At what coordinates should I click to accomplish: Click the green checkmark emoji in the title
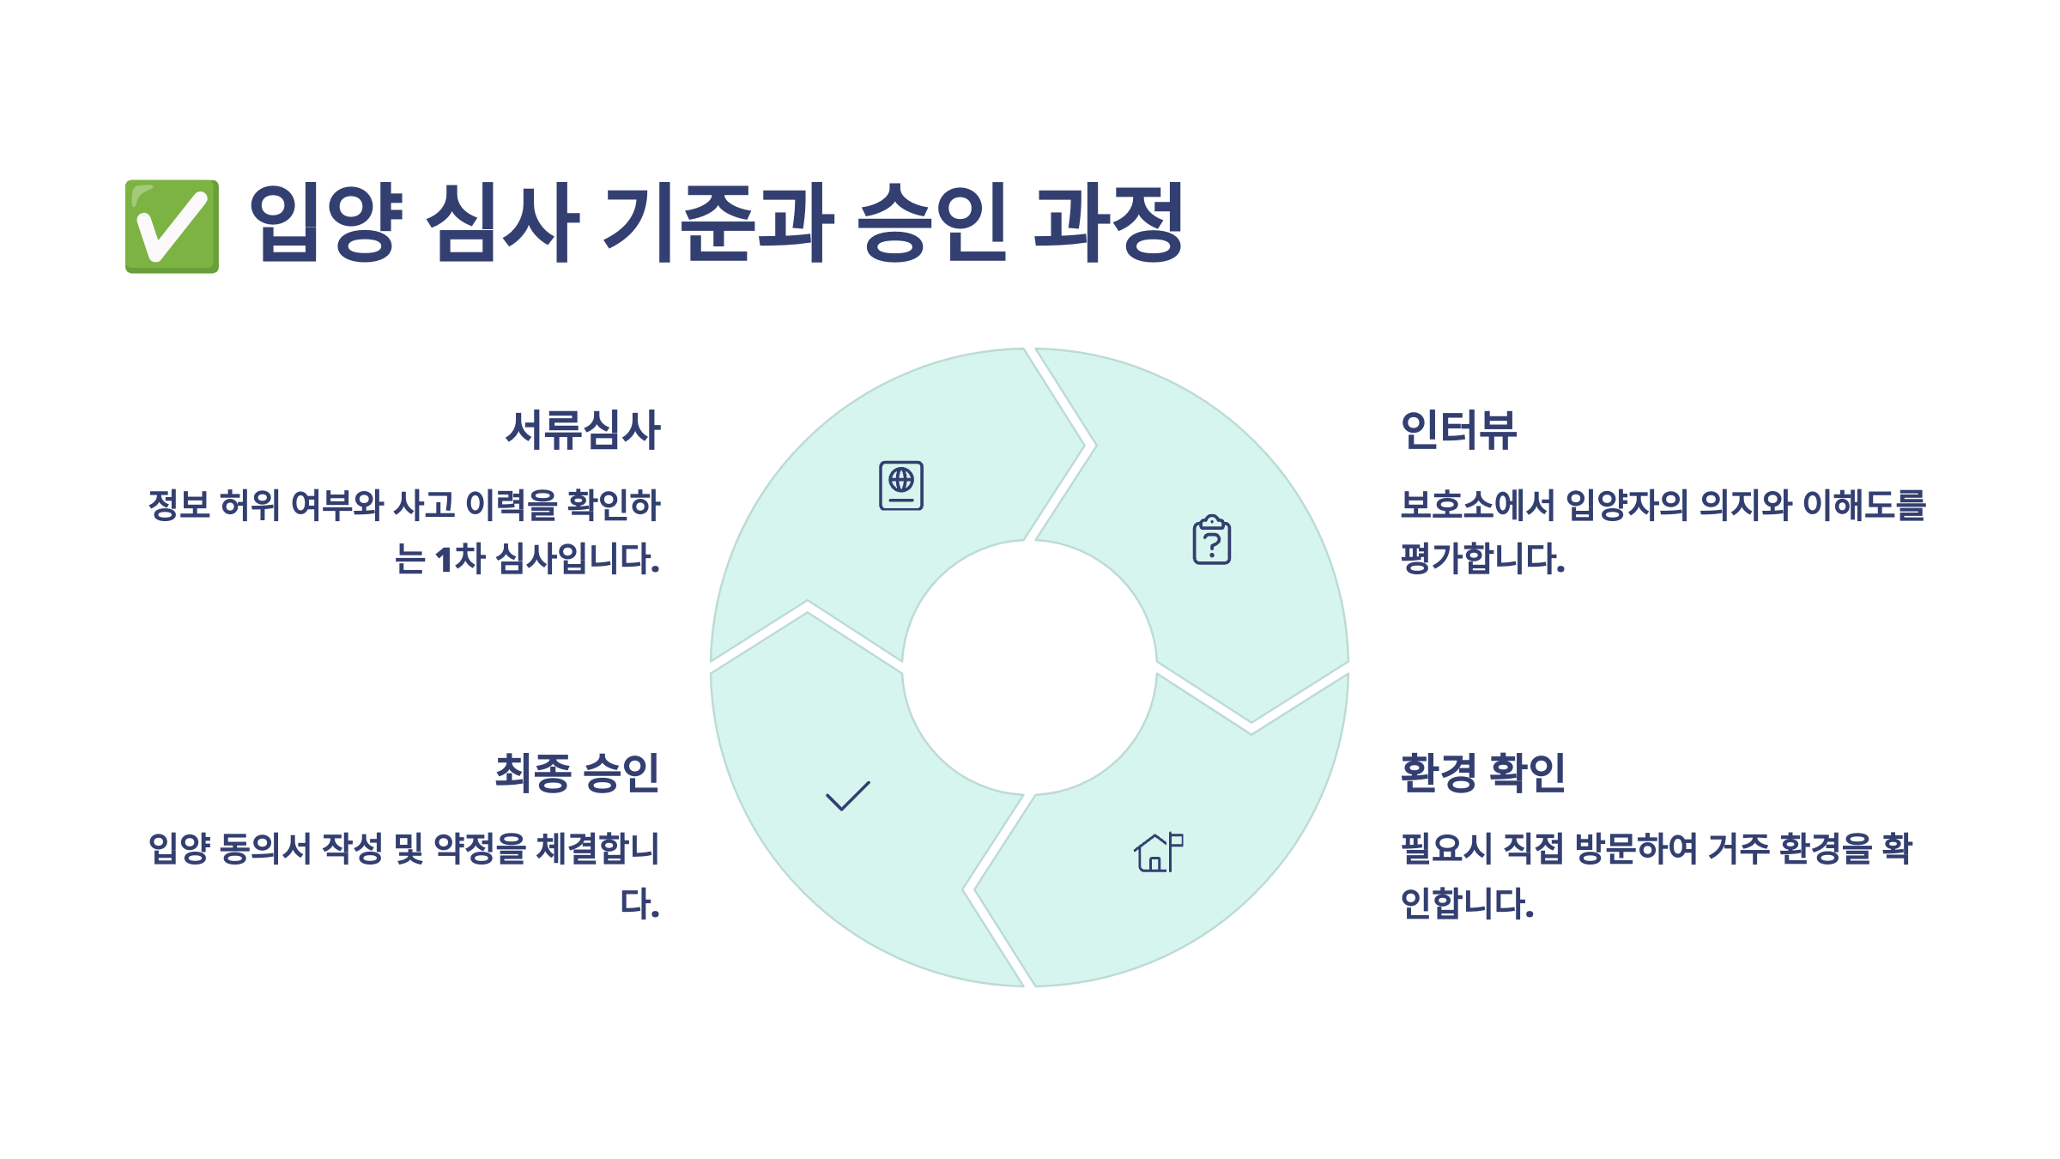(172, 226)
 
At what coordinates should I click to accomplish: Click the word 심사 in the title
(503, 222)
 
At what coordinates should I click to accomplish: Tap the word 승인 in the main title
(932, 222)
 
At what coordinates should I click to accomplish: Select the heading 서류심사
(583, 430)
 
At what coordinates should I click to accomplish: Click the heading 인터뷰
(1458, 430)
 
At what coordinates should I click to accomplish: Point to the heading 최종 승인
(577, 773)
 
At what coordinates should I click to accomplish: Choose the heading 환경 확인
(1482, 773)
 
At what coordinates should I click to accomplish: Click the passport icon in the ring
(901, 486)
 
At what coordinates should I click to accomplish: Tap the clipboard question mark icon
(1212, 540)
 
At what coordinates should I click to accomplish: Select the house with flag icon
(1158, 853)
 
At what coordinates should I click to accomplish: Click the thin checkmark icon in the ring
(848, 796)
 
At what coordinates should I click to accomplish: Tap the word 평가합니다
(1482, 559)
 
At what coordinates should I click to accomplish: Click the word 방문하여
(1636, 849)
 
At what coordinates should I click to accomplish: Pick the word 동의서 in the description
(265, 849)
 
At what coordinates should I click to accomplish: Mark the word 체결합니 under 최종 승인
(597, 849)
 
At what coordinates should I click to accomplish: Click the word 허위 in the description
(250, 505)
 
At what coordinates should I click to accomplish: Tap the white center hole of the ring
(1029, 668)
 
